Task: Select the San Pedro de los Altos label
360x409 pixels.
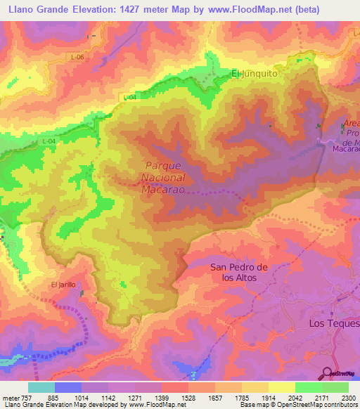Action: pyautogui.click(x=240, y=272)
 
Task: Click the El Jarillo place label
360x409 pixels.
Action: pyautogui.click(x=63, y=285)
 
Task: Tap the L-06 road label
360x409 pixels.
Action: pyautogui.click(x=78, y=57)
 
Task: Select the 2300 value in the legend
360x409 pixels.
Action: pyautogui.click(x=347, y=397)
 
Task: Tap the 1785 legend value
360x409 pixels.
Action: pyautogui.click(x=241, y=397)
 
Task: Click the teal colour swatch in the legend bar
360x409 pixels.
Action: pyautogui.click(x=41, y=387)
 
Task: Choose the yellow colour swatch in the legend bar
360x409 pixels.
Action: pyautogui.click(x=282, y=387)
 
